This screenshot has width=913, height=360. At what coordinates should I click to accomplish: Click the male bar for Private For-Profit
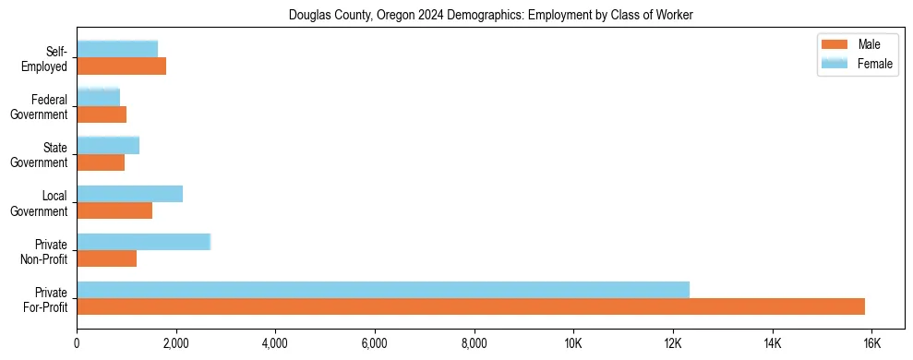point(471,306)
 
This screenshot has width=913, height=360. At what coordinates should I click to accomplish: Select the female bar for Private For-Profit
point(383,290)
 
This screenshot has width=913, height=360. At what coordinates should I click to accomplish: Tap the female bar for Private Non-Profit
point(144,242)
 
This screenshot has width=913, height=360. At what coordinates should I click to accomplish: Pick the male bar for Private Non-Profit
point(107,258)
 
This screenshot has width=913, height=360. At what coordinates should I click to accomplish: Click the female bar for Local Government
point(130,194)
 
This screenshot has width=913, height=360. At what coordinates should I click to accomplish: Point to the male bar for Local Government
point(114,210)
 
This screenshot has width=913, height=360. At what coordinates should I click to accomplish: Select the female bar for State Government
point(108,145)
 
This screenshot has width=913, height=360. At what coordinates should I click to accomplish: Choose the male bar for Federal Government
point(102,114)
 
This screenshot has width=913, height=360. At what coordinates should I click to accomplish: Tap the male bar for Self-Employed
point(122,66)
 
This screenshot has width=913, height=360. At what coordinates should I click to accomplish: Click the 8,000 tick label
point(474,343)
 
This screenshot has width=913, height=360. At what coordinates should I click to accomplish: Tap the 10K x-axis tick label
point(573,343)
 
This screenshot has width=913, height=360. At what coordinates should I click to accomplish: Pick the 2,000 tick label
point(176,343)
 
